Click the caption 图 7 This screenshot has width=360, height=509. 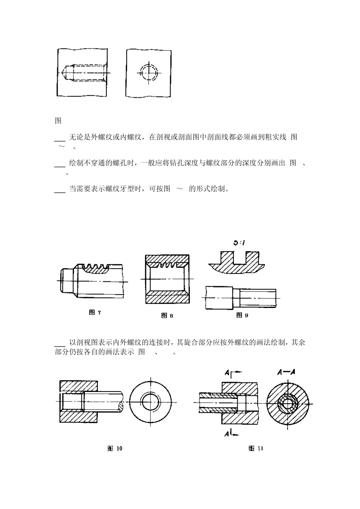95,312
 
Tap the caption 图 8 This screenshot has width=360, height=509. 167,315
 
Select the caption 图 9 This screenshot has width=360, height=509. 242,315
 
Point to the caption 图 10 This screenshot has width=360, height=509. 115,449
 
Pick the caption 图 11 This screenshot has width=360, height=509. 256,449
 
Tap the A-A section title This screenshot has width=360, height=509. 286,373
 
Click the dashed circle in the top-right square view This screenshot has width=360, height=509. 149,72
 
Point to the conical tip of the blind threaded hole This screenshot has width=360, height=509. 64,72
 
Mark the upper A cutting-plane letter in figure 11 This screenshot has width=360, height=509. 227,374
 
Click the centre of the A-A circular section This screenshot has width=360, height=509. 288,402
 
